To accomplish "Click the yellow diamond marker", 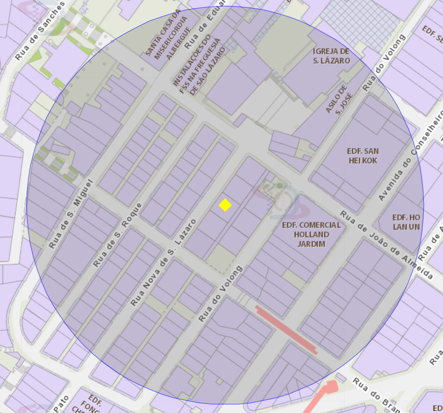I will (x=225, y=205).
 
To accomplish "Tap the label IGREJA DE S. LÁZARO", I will (x=331, y=56).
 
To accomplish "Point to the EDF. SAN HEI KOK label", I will (x=363, y=156).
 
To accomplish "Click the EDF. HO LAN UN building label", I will (x=406, y=221).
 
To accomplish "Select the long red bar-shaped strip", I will (x=286, y=329).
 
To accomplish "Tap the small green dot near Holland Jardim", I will (x=280, y=186).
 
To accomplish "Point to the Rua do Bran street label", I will (x=375, y=393).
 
